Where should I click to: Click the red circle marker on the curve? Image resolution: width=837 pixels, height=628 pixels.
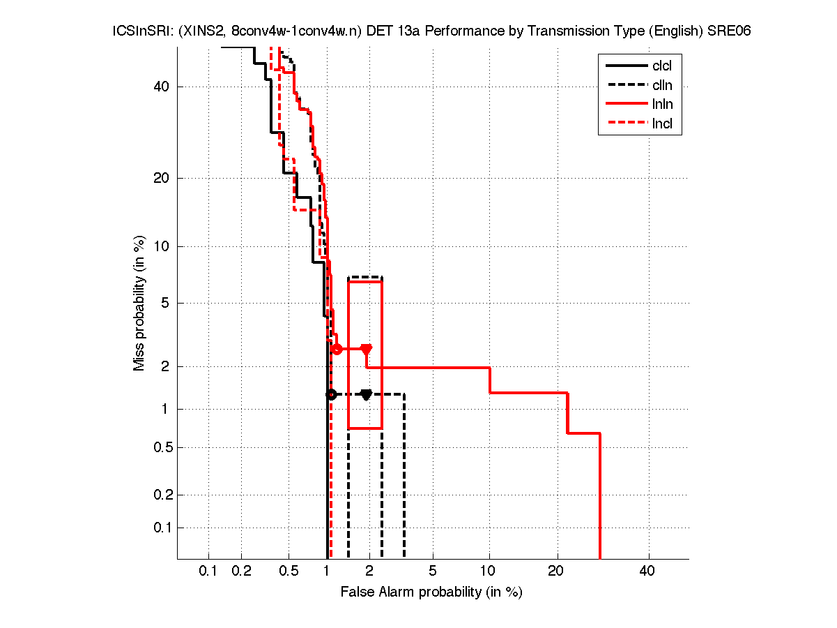(337, 349)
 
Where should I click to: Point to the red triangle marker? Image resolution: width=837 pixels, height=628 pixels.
(366, 349)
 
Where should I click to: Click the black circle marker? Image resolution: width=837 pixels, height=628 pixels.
(332, 394)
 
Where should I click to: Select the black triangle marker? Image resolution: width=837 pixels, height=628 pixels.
(366, 394)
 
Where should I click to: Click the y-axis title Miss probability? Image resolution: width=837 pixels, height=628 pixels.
(140, 304)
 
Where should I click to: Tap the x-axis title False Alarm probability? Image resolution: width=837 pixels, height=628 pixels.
(431, 592)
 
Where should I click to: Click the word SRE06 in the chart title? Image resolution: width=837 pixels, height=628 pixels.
(729, 31)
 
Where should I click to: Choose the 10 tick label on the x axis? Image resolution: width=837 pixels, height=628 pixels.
(489, 571)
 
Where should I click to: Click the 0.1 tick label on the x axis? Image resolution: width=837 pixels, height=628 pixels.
(208, 571)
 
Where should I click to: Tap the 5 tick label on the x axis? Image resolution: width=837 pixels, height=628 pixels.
(433, 571)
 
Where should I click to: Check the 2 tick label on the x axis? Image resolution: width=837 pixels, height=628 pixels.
(369, 571)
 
